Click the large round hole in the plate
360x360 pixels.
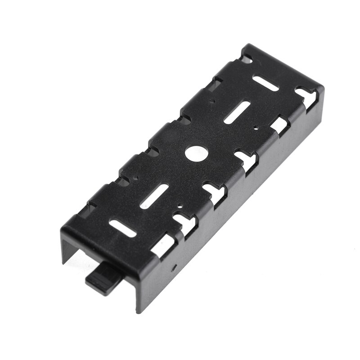[195, 153]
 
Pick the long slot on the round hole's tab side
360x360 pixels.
[154, 196]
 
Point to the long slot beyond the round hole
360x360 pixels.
[238, 111]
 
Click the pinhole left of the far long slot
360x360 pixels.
[211, 102]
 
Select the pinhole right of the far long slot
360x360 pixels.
[255, 127]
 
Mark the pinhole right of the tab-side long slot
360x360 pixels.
[180, 208]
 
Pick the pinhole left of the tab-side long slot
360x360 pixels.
[133, 179]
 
